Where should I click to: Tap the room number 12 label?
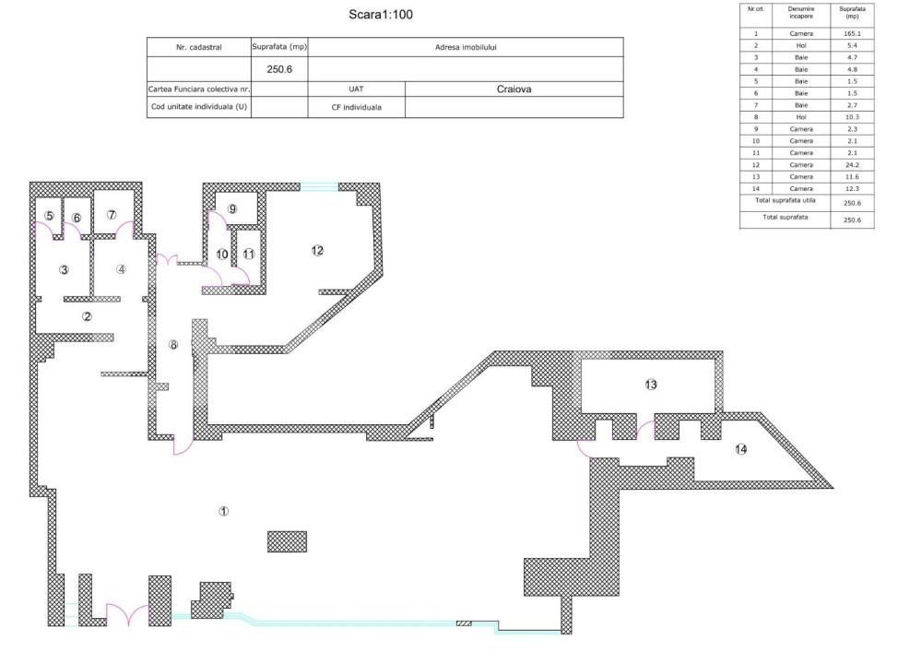pyautogui.click(x=317, y=251)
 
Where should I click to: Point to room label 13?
pyautogui.click(x=651, y=385)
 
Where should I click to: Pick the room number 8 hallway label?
pyautogui.click(x=172, y=345)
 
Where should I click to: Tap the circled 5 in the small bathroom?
pyautogui.click(x=49, y=216)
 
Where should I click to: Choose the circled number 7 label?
pyautogui.click(x=112, y=215)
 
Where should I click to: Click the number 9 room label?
pyautogui.click(x=232, y=209)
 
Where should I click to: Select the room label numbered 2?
pyautogui.click(x=87, y=316)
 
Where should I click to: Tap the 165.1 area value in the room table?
pyautogui.click(x=852, y=33)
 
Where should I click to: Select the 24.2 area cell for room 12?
pyautogui.click(x=852, y=165)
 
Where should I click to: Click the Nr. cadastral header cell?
pyautogui.click(x=198, y=47)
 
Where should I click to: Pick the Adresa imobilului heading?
pyautogui.click(x=466, y=47)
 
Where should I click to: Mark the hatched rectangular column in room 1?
pyautogui.click(x=287, y=541)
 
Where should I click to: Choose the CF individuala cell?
pyautogui.click(x=356, y=107)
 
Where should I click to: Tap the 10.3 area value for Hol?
pyautogui.click(x=852, y=117)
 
